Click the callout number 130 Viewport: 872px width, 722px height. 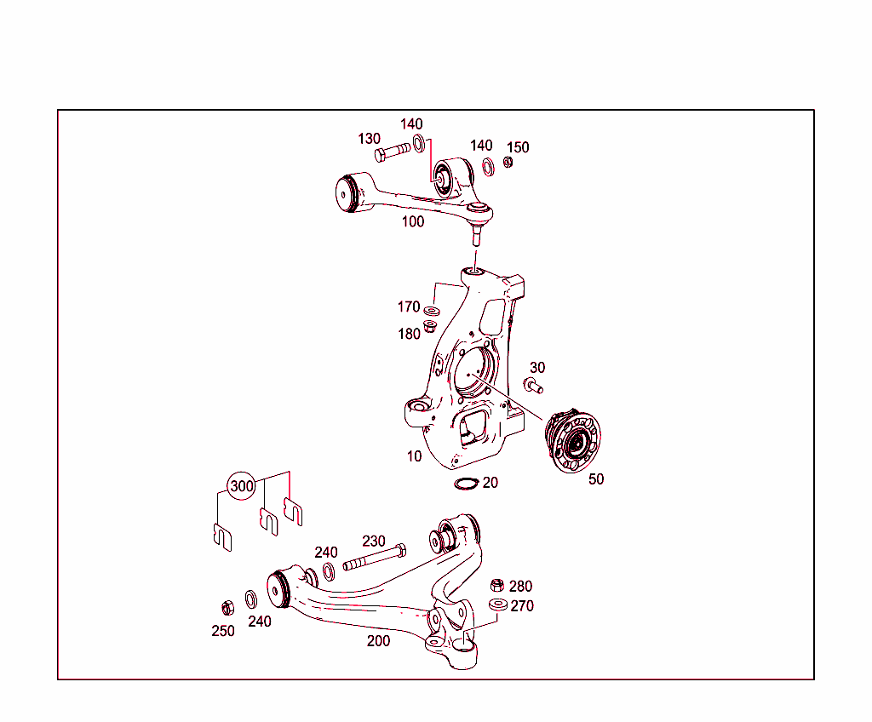[x=369, y=139]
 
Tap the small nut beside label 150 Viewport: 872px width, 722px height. [x=508, y=163]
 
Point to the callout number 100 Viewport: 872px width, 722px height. [x=413, y=221]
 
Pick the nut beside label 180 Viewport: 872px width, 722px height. [x=431, y=327]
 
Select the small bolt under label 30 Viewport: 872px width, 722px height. [x=534, y=387]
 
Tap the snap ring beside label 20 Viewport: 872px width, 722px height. [x=466, y=484]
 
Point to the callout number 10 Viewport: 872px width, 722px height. [x=414, y=456]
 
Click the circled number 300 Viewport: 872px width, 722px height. [x=243, y=486]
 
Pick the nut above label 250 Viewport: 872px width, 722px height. [x=227, y=608]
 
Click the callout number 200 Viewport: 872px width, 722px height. [x=378, y=641]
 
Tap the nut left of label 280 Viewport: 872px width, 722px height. [x=497, y=586]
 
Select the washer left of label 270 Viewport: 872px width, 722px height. [x=498, y=605]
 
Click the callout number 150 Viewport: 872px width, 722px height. [x=518, y=147]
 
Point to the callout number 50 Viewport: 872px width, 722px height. [x=596, y=479]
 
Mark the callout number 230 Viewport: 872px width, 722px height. [x=374, y=541]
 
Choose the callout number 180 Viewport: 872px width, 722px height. [x=409, y=334]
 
